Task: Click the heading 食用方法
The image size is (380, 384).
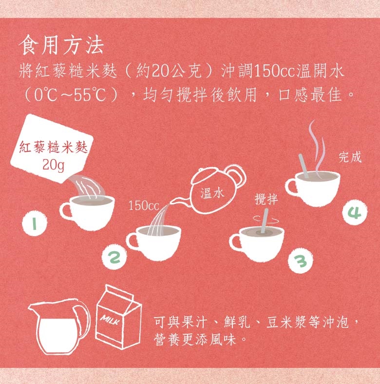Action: [61, 45]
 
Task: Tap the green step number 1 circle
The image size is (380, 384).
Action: [35, 223]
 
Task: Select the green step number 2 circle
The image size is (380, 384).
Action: [114, 257]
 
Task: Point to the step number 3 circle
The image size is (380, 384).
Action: [301, 261]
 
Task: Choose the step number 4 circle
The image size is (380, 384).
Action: [355, 213]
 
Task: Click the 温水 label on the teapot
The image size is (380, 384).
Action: [212, 193]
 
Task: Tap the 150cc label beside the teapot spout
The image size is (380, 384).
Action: [144, 206]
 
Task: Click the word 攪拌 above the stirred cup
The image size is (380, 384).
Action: [266, 199]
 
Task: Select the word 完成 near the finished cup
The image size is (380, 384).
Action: [350, 157]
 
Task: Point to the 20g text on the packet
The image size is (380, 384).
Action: [54, 165]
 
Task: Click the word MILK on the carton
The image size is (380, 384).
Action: [111, 320]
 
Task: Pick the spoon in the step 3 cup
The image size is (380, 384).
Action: [265, 221]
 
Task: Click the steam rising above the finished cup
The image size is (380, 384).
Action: [316, 146]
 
